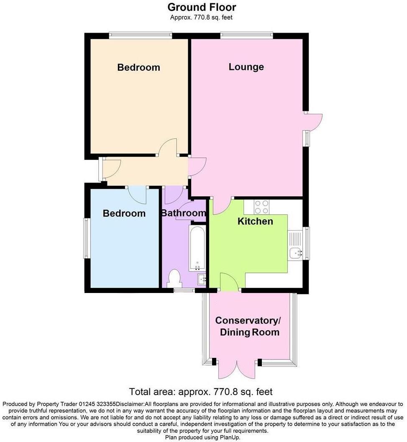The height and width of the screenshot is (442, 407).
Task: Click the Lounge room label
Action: (x=246, y=67)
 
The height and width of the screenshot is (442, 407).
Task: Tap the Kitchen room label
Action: (x=255, y=221)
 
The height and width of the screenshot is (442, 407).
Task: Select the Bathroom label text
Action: (x=184, y=213)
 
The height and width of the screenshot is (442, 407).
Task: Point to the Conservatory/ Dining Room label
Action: (x=248, y=326)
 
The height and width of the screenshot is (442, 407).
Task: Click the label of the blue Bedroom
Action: (x=124, y=213)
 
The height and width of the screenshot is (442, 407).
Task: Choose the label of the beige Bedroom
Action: (x=138, y=67)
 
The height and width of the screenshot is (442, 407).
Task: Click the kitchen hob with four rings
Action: (x=262, y=207)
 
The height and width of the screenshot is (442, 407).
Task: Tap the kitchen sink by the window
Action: (x=296, y=252)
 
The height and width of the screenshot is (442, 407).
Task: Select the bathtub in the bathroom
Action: (x=197, y=248)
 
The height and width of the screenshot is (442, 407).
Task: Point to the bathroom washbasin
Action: (x=202, y=278)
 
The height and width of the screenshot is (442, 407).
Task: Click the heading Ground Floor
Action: (x=202, y=7)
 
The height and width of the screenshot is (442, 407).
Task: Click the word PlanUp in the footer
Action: (x=229, y=437)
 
